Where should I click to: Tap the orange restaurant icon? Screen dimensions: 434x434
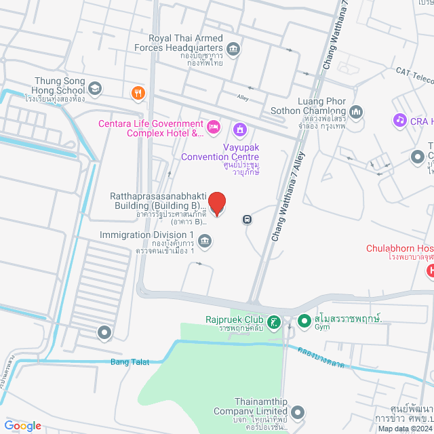click(x=138, y=94)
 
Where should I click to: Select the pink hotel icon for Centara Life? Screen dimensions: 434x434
click(x=214, y=127)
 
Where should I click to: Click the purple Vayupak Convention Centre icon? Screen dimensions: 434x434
click(x=239, y=129)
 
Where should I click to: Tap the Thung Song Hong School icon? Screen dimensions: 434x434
click(x=95, y=87)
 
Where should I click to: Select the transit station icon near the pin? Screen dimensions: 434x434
click(x=248, y=220)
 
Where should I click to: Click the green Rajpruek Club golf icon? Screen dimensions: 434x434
click(x=273, y=322)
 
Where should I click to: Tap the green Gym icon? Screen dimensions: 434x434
click(x=303, y=319)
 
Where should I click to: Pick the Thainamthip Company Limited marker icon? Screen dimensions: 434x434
click(x=298, y=411)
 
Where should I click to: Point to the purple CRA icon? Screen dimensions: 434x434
click(x=399, y=120)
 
